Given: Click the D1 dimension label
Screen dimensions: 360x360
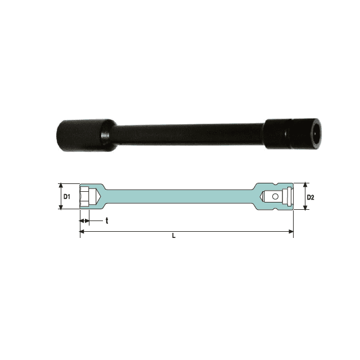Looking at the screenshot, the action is [x=67, y=197].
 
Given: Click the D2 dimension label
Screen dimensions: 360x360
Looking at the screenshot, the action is [x=310, y=197].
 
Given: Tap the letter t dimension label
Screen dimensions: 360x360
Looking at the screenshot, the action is [x=107, y=221].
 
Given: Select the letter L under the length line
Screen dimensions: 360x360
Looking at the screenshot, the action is [x=174, y=236].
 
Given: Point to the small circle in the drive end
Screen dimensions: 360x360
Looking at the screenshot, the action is [x=275, y=196].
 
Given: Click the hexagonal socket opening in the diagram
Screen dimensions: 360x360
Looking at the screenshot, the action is [x=84, y=196].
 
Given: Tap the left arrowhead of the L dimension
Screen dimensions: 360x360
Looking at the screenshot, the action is [x=82, y=231].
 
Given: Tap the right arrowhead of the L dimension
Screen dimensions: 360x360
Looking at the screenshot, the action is [x=291, y=231].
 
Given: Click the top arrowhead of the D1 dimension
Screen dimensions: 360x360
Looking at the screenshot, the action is [x=61, y=186].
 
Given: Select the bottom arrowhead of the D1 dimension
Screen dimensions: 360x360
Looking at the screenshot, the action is [x=61, y=207].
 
